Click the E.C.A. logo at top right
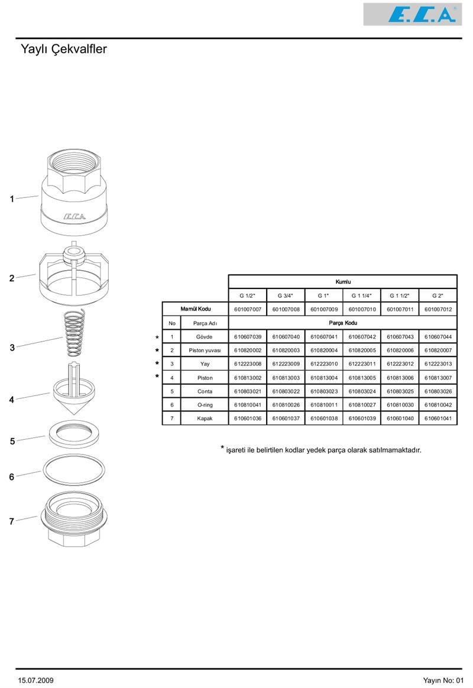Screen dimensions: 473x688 pos(413,14)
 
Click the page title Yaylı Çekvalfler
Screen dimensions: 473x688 pos(64,48)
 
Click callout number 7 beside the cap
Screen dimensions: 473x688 pos(12,521)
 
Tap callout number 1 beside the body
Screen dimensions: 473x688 pos(12,199)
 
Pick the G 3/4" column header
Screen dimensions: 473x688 pos(286,296)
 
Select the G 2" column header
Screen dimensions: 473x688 pos(438,296)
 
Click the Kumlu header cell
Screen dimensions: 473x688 pos(343,282)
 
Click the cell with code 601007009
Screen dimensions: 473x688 pos(324,309)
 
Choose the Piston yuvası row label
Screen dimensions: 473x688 pos(205,350)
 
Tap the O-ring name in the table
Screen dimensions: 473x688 pos(205,405)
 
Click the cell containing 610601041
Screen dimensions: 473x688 pos(438,418)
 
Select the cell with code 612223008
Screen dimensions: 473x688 pos(248,364)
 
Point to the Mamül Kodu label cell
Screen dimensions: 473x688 pos(195,309)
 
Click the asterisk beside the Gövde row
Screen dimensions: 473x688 pos(157,337)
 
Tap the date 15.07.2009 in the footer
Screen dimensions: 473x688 pos(35,680)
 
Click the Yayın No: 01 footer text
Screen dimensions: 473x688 pos(443,680)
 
